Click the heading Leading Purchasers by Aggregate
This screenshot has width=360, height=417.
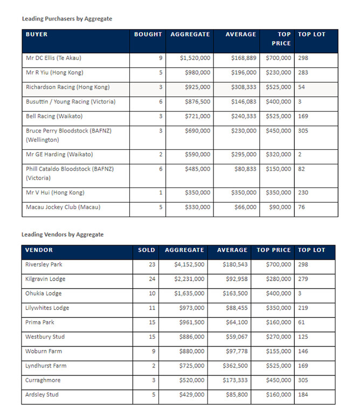67,19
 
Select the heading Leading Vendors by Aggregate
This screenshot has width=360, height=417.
63,235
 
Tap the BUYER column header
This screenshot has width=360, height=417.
37,34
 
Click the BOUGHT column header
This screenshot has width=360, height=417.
148,34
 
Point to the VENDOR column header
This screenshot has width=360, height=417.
39,250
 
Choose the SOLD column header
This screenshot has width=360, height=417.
146,250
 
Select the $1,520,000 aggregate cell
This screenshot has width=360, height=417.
195,58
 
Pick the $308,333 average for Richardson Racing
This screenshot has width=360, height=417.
242,87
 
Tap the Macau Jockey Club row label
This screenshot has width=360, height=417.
63,207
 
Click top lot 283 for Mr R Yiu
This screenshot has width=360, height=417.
303,73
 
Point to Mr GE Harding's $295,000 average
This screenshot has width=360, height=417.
242,155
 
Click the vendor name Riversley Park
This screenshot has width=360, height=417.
44,265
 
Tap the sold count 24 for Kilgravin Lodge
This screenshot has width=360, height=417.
151,279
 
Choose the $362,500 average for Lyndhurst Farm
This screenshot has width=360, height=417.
235,366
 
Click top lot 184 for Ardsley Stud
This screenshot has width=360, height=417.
303,395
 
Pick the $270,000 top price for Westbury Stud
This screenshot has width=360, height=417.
276,337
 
